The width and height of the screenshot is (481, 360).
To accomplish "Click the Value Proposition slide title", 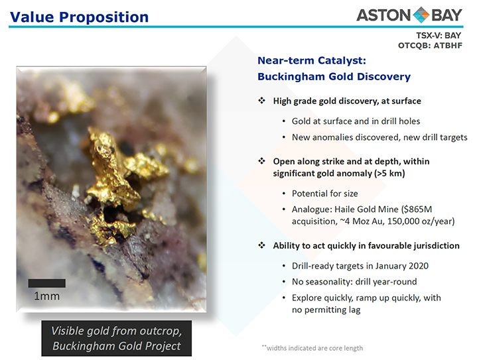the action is (x=79, y=17).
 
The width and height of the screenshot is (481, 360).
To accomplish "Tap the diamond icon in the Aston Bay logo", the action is (x=421, y=15).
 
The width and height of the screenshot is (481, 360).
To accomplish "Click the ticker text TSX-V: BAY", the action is (x=439, y=36).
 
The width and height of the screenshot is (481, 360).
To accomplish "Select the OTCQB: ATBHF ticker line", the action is (x=430, y=46).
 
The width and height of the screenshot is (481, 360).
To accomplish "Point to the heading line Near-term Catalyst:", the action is (x=312, y=60).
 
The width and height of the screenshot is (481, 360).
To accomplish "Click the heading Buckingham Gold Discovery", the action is (x=334, y=76).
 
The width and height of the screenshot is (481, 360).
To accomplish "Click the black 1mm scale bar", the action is (x=47, y=283).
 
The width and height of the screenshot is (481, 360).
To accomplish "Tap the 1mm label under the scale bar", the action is (x=46, y=296).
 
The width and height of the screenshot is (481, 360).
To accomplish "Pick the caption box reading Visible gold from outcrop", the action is (x=117, y=338).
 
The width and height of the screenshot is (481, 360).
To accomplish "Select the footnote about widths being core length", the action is (x=312, y=348).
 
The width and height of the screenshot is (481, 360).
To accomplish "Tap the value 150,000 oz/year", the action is (x=421, y=221).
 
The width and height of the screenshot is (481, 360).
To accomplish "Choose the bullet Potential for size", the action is (x=325, y=194).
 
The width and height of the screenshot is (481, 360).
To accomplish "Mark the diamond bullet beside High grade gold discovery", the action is (x=261, y=101).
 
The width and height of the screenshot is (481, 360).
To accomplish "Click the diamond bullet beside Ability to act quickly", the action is (x=261, y=245).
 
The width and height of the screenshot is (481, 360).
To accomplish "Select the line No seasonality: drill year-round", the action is (x=354, y=282).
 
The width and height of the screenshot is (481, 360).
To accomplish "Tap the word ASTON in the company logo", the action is (x=383, y=15).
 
